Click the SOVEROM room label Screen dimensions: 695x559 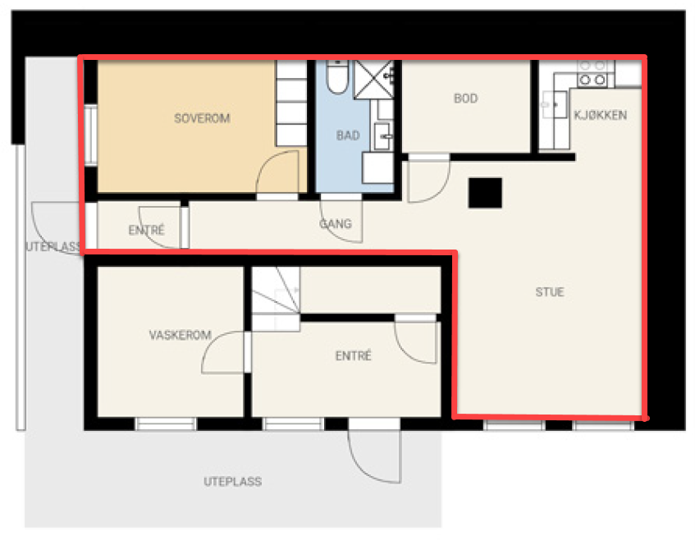[202, 118]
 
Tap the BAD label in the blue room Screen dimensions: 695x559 [348, 135]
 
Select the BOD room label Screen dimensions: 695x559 [466, 99]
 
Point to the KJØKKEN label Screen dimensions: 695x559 [600, 115]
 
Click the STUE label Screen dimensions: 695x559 [550, 292]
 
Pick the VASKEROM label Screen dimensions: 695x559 [180, 335]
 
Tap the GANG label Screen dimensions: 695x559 [336, 224]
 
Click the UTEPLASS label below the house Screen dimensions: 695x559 [233, 481]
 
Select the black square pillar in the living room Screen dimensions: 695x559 [485, 193]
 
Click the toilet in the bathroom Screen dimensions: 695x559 [337, 77]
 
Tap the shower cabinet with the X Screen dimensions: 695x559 [373, 80]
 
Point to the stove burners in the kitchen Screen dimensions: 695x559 [592, 73]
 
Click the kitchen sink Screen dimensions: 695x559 [554, 104]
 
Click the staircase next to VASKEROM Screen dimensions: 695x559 [276, 298]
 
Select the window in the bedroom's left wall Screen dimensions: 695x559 [90, 135]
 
